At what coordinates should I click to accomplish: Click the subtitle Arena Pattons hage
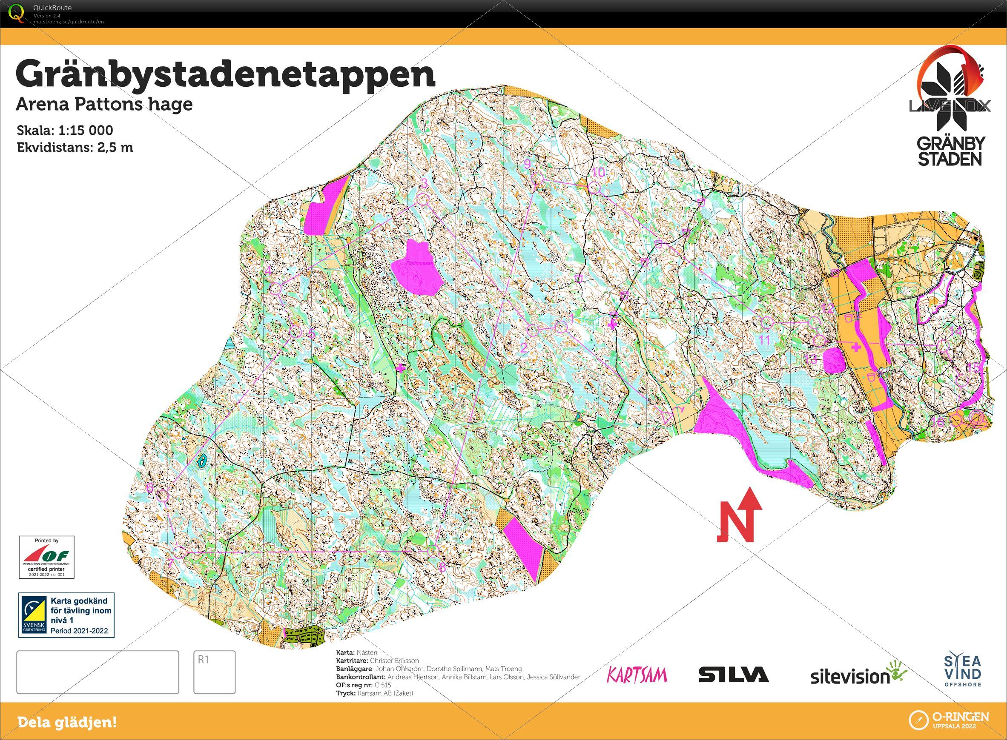click(x=104, y=104)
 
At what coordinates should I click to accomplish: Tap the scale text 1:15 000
click(x=85, y=131)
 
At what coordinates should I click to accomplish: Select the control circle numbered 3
click(x=423, y=199)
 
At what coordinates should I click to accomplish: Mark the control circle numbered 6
click(x=163, y=495)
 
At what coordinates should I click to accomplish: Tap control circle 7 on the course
click(x=180, y=552)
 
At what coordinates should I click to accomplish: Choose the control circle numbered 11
click(x=767, y=322)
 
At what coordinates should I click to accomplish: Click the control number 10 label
click(x=599, y=172)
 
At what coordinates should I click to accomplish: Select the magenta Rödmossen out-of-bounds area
click(x=416, y=268)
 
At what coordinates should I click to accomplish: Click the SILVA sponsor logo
click(x=734, y=675)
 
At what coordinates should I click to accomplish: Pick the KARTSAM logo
click(x=637, y=675)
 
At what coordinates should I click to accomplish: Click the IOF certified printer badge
click(x=47, y=557)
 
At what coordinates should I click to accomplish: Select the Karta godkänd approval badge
click(x=66, y=615)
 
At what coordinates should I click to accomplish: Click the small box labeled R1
click(x=214, y=672)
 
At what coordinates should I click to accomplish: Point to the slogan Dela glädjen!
click(x=67, y=722)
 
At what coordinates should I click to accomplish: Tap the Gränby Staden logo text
click(x=950, y=151)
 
